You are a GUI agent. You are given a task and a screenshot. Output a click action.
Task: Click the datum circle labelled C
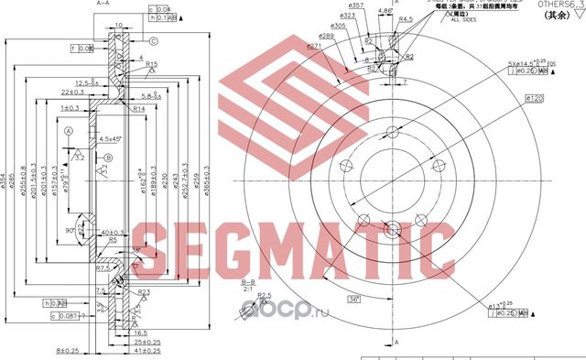coord(154,40)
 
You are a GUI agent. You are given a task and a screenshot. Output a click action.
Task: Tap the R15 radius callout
coord(152,63)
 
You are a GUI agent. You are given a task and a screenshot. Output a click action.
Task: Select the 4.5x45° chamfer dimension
coord(111,139)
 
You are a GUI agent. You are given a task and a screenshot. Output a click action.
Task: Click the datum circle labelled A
coord(69,131)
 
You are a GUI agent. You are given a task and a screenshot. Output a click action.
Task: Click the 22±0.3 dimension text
coord(72,93)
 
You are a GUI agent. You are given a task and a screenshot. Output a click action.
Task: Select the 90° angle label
coord(70,231)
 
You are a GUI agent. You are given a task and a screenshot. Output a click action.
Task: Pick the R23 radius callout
coord(144,292)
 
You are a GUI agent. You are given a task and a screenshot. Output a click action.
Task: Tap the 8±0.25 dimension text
coord(66,351)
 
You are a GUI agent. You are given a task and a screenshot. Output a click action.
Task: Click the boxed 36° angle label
coord(353,300)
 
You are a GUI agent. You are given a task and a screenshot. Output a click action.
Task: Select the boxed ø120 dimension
coord(535,97)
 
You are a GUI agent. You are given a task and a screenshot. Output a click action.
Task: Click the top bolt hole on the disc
coord(391,132)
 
